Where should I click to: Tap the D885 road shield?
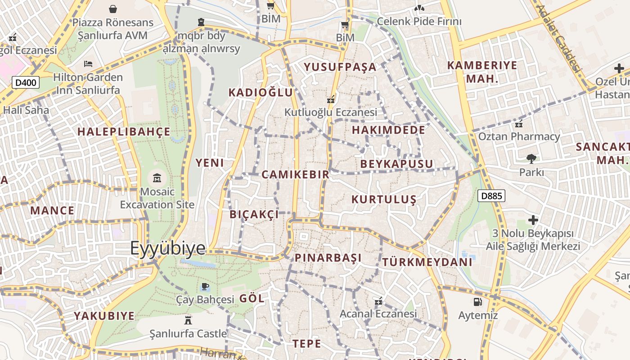[x=491, y=196]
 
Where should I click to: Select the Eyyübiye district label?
[x=167, y=248]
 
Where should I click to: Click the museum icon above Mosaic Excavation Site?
[x=157, y=178]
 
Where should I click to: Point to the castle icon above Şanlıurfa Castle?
[x=188, y=320]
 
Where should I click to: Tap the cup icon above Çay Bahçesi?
[x=205, y=286]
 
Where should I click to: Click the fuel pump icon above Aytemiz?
[x=477, y=302]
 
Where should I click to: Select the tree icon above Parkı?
[x=531, y=158]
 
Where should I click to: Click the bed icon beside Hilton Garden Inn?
[x=88, y=64]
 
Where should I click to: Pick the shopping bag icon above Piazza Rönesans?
[x=113, y=9]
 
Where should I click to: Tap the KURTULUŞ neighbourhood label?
[x=384, y=199]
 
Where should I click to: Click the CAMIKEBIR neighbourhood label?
[x=295, y=175]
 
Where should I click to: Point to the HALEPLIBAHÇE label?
[x=124, y=132]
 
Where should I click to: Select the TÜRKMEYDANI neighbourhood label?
[x=427, y=262]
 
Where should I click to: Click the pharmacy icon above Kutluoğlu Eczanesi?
[x=331, y=99]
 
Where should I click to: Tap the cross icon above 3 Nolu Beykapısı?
[x=533, y=220]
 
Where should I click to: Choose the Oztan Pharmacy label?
[x=519, y=136]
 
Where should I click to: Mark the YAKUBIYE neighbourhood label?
[x=104, y=316]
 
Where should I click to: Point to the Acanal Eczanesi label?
[x=378, y=314]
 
